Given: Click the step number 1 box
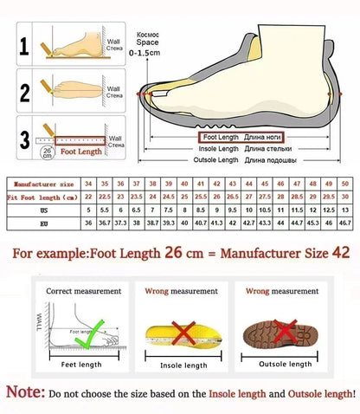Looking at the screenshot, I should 24,45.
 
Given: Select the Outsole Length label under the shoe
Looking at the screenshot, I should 216,160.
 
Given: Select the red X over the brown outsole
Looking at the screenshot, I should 283,330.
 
